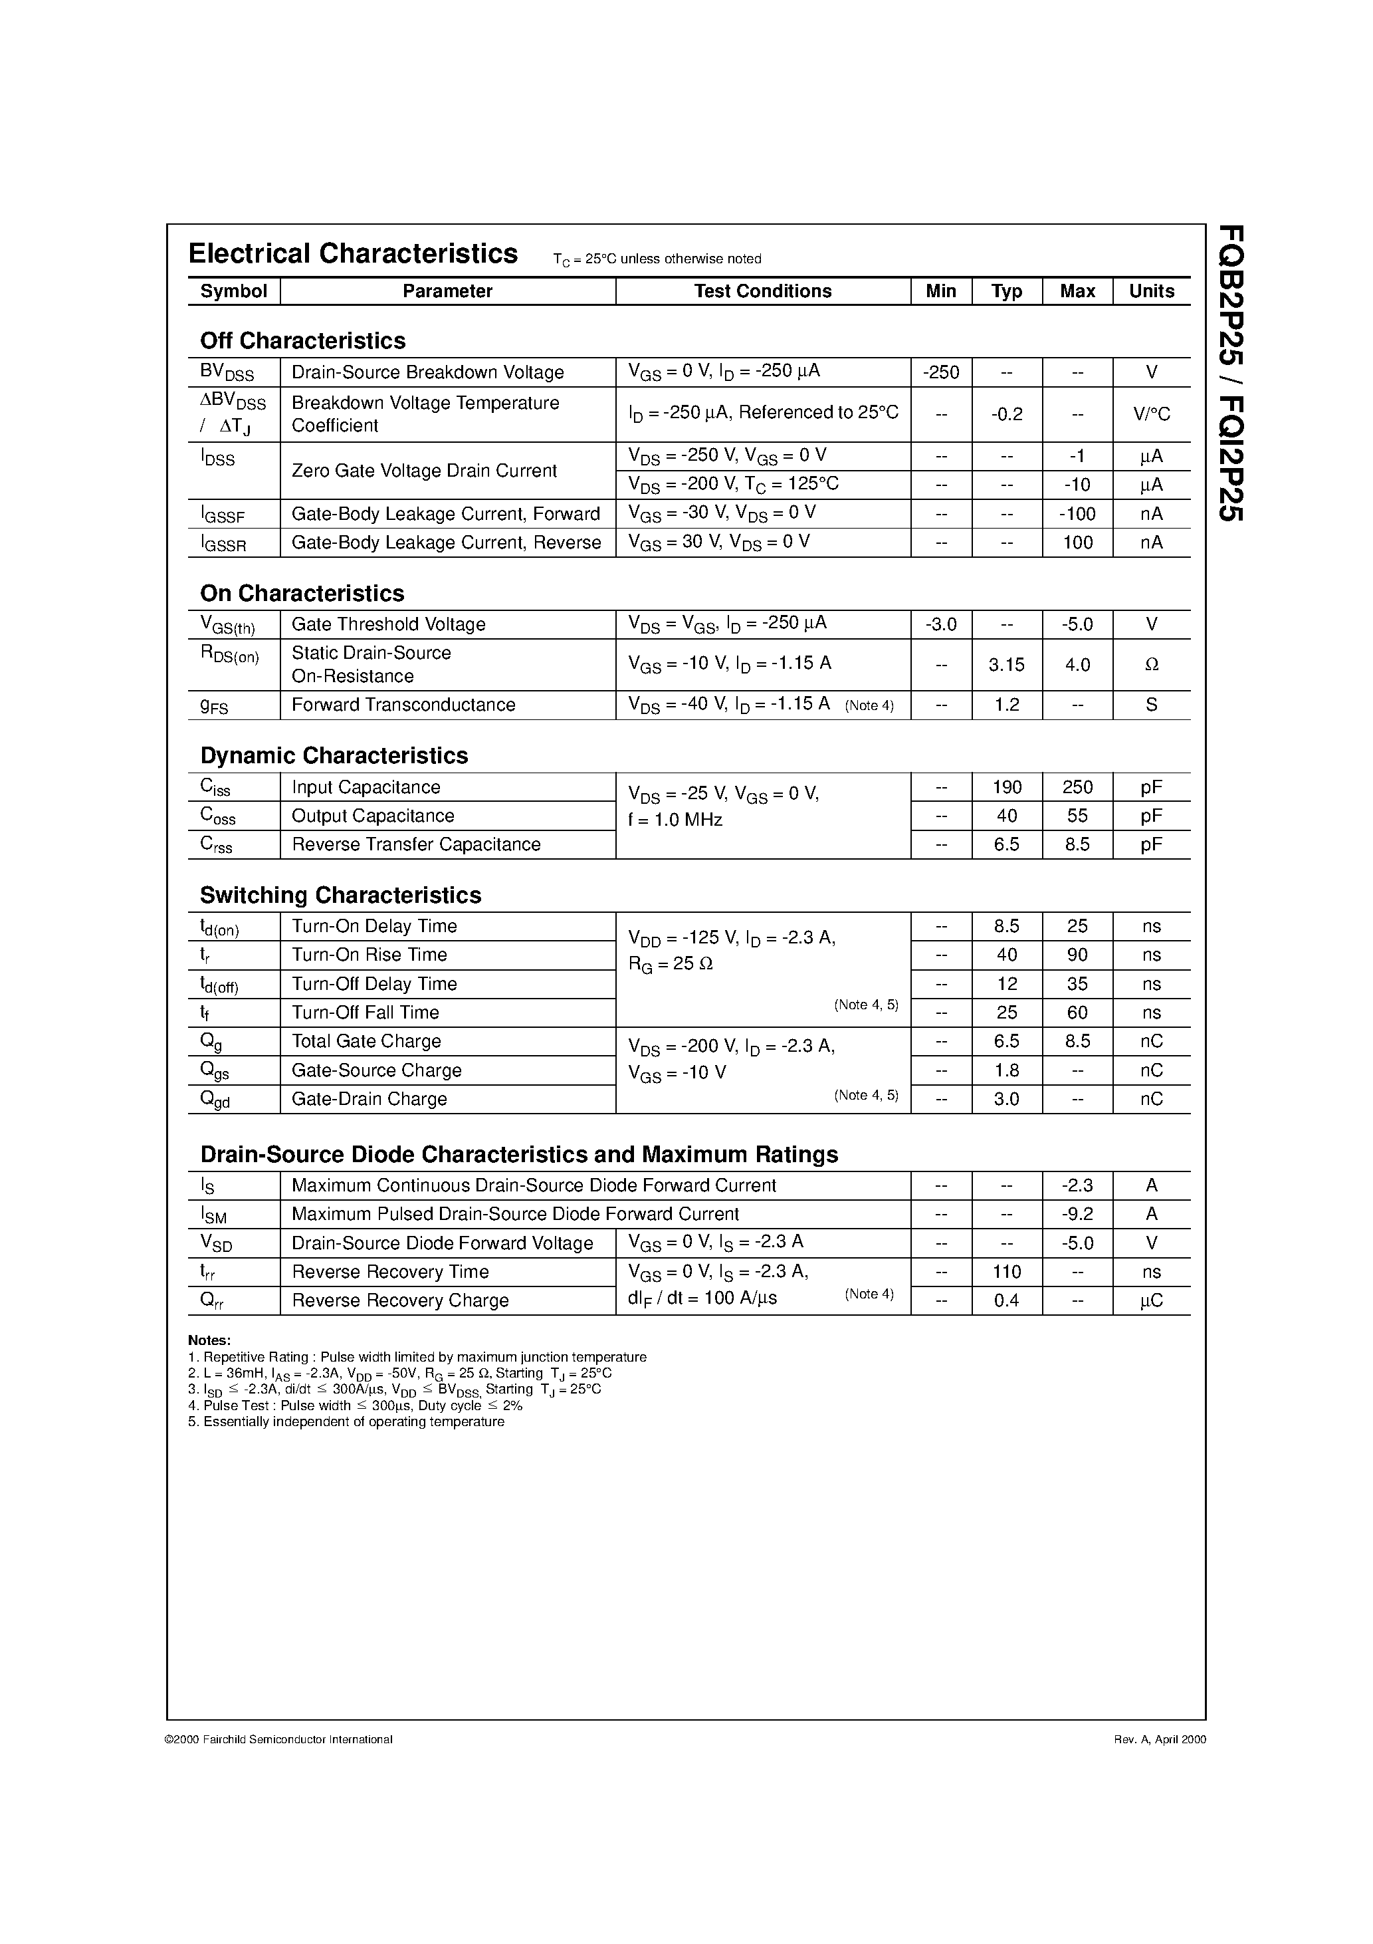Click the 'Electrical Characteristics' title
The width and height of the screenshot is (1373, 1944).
352,254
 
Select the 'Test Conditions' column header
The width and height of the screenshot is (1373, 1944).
763,291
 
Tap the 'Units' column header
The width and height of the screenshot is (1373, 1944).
1151,291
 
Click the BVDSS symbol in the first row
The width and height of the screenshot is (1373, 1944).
226,372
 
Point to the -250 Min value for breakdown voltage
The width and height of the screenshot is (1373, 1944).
940,372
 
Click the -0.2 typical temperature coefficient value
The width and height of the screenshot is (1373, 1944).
1006,414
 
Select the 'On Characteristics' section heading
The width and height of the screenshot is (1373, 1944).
302,594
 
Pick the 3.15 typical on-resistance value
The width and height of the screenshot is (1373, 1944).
1006,665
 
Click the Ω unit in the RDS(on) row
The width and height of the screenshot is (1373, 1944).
1151,665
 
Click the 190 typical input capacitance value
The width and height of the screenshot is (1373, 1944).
1006,787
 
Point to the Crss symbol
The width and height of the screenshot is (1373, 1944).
216,845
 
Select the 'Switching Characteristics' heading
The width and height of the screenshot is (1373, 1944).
340,895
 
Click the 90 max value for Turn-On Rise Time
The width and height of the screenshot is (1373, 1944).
1077,955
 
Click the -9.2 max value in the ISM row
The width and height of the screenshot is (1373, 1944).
1077,1214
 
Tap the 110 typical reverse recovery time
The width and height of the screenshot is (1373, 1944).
1006,1272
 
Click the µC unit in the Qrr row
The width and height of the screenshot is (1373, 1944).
1151,1300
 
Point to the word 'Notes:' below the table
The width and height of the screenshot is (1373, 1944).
209,1340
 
